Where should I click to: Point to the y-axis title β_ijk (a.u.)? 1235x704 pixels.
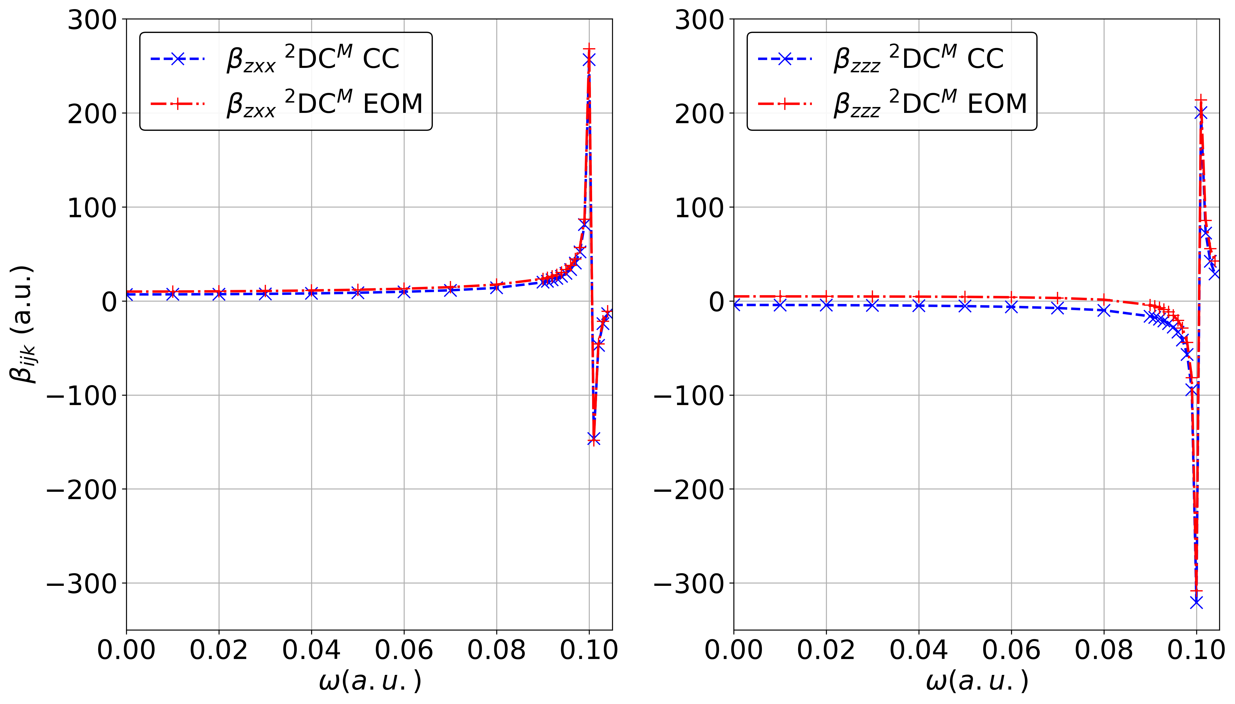22,324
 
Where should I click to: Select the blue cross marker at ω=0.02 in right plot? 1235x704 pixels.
826,305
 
